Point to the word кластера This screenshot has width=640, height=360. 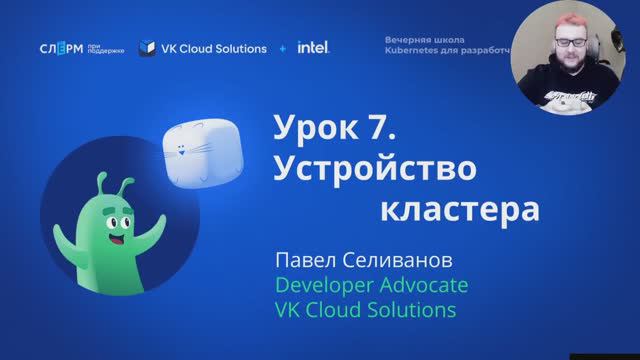pyautogui.click(x=460, y=211)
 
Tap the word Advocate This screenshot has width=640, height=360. pyautogui.click(x=422, y=286)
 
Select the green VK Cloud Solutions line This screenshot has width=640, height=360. pyautogui.click(x=365, y=311)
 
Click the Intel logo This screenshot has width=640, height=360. pyautogui.click(x=313, y=47)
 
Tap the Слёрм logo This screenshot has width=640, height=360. pyautogui.click(x=61, y=48)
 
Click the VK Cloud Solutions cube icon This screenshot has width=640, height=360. pyautogui.click(x=147, y=48)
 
